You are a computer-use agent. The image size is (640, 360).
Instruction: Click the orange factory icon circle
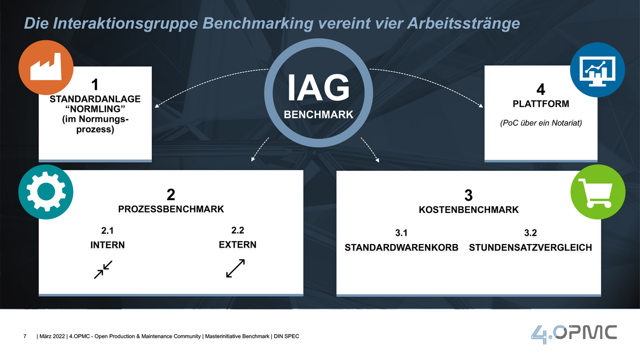pos(46,67)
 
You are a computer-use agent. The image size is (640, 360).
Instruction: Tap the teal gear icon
pos(46,192)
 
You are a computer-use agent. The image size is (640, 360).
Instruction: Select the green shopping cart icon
pos(598,192)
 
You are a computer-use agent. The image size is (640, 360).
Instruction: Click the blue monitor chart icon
pos(597,70)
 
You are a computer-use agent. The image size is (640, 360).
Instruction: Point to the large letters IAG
pos(318,87)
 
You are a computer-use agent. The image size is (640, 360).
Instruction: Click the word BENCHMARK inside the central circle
pos(318,115)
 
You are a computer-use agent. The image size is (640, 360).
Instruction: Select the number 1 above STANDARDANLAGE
pos(95,85)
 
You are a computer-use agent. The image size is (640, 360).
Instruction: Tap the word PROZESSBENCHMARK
pos(171,209)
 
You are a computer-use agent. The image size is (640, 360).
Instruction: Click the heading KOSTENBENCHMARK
pos(469,210)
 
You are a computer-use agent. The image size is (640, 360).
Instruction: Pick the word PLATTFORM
pos(541,104)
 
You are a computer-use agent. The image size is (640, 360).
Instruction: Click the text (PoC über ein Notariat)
pos(541,123)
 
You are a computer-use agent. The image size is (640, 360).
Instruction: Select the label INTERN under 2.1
pos(107,245)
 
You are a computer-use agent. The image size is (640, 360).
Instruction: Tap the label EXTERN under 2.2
pos(237,245)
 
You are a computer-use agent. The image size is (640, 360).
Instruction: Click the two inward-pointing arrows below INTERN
pos(103,270)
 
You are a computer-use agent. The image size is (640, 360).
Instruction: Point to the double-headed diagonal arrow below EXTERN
pos(235,268)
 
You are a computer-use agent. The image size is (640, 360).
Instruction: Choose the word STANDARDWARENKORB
pos(401,248)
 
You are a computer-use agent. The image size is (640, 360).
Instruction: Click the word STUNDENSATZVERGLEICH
pos(530,248)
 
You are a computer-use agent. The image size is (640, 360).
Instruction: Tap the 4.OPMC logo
pos(574,334)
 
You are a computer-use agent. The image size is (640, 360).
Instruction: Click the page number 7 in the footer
pos(25,336)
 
